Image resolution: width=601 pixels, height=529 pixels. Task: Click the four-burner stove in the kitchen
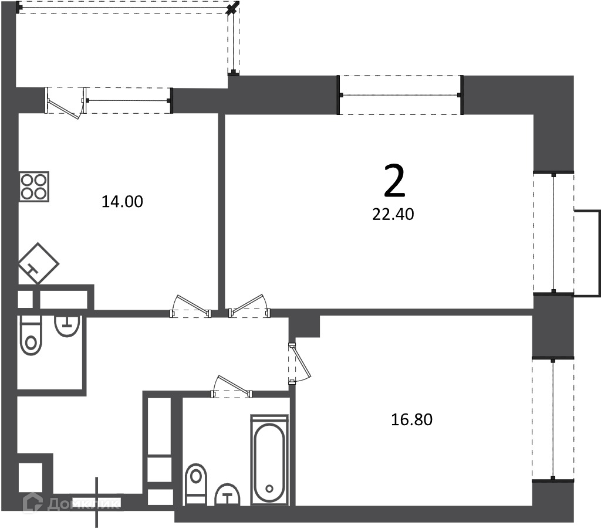coord(34,186)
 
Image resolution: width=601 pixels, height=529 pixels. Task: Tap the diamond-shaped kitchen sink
coord(38,263)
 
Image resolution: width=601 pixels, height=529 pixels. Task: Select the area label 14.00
coord(122,202)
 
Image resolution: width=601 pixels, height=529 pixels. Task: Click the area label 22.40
coord(393,215)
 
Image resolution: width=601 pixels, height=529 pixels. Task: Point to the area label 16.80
coord(411,419)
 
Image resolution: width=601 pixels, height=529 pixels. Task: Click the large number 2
coord(394,181)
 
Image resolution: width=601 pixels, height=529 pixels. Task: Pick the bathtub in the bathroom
coord(269,460)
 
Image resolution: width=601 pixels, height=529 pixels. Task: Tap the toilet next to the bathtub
coord(196,484)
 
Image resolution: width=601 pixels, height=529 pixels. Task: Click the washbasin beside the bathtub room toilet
coord(227,494)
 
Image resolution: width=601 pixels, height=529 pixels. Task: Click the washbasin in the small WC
coord(67,326)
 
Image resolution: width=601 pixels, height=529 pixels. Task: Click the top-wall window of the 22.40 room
coord(400,95)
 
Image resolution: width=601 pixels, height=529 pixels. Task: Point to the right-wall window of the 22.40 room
coord(553,233)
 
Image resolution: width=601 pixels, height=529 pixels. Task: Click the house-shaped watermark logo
coord(33,503)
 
